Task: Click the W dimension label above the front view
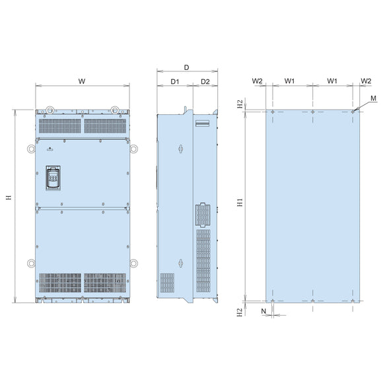(x=82, y=81)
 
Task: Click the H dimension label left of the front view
(x=9, y=197)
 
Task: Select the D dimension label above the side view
(x=186, y=67)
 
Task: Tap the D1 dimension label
(x=175, y=82)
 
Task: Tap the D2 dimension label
(x=205, y=82)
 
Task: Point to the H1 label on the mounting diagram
(x=240, y=203)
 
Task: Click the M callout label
(x=373, y=98)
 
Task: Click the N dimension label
(x=263, y=311)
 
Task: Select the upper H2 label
(x=240, y=104)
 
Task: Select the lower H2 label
(x=240, y=312)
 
